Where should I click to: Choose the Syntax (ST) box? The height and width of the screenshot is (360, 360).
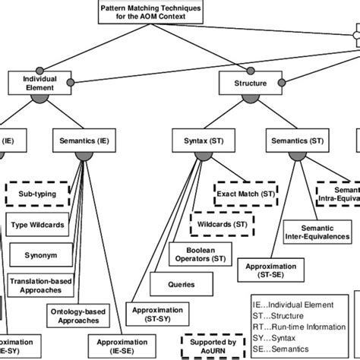tap(202, 141)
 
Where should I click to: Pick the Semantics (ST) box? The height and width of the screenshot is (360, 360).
tap(297, 141)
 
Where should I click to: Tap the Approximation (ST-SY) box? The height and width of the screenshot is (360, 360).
tap(157, 314)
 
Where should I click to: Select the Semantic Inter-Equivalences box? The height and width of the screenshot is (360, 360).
tap(317, 231)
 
